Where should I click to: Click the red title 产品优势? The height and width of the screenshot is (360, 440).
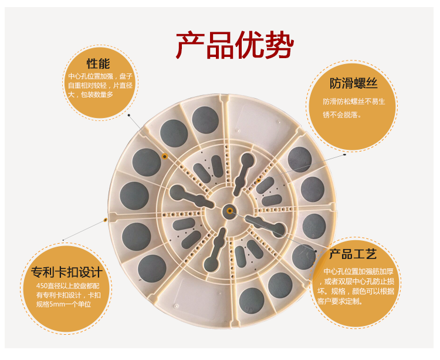[x=235, y=45]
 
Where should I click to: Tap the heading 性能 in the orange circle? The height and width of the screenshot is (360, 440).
[x=98, y=64]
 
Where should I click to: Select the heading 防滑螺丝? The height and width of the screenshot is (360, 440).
[x=353, y=83]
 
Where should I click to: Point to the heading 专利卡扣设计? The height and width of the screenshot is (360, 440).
[x=67, y=272]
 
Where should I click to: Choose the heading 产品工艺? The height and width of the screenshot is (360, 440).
[x=353, y=254]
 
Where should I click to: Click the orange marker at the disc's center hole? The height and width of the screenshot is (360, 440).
[x=229, y=211]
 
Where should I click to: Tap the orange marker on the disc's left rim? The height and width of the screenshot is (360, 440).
[x=106, y=220]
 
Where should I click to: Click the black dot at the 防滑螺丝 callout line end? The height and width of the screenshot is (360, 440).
[x=345, y=154]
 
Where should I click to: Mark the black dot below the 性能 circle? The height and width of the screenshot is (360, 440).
[x=129, y=115]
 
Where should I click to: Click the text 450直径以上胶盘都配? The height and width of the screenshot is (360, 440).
[x=67, y=286]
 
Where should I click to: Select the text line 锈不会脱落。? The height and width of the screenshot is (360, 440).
[x=342, y=115]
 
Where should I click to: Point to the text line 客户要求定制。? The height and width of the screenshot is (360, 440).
[x=340, y=302]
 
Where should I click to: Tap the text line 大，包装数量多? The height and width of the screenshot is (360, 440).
[x=90, y=95]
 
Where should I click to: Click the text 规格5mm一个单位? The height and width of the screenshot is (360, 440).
[x=64, y=304]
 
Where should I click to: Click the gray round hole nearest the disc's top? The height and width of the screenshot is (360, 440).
[x=205, y=120]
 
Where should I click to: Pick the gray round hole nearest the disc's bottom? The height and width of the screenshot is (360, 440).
[x=252, y=301]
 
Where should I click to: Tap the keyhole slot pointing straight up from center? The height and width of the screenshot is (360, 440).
[x=243, y=174]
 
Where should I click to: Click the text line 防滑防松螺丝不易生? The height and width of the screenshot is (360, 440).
[x=354, y=102]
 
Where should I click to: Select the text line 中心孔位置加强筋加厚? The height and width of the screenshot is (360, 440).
[x=358, y=271]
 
